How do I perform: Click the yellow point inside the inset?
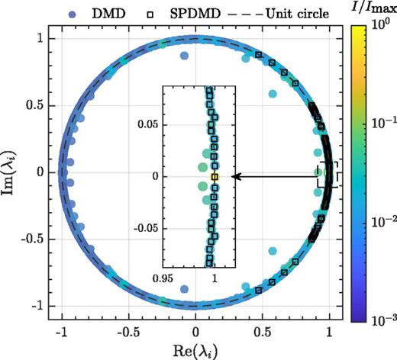coord(215,176)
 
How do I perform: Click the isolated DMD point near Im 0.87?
coord(183,56)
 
